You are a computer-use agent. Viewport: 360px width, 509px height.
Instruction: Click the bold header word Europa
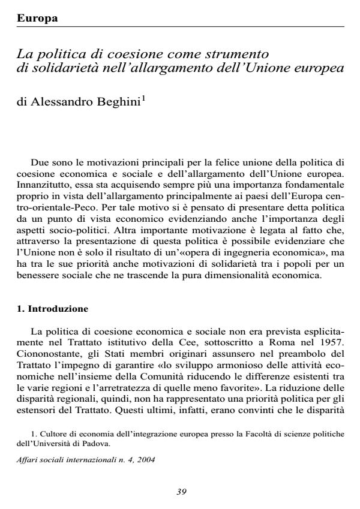[37, 19]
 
